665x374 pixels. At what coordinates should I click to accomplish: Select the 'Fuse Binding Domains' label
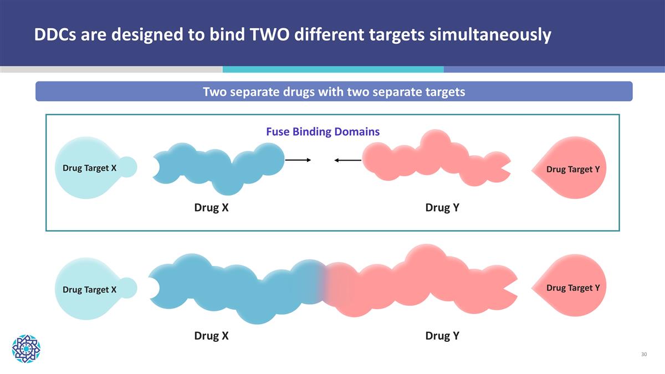tap(323, 132)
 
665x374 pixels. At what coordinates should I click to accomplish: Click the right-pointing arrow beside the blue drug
tap(298, 160)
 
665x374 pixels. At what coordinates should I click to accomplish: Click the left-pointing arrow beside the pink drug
tap(347, 161)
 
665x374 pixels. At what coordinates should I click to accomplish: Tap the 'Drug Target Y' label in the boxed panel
tap(572, 169)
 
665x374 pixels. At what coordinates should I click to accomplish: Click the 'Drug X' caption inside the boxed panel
tap(211, 207)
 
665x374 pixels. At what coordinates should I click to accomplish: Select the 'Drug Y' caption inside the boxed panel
tap(442, 207)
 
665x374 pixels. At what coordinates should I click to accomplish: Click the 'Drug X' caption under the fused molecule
tap(211, 335)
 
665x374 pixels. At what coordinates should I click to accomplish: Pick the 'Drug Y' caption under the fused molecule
tap(442, 335)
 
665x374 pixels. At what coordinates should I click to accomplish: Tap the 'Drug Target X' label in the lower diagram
tap(89, 289)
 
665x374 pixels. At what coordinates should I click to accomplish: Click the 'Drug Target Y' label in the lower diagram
tap(572, 288)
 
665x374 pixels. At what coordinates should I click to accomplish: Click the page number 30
tap(643, 354)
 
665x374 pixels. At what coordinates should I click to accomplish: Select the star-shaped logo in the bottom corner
tap(26, 348)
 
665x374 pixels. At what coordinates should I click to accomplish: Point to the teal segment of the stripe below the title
tap(332, 69)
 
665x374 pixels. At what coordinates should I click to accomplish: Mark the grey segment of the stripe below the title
tap(111, 69)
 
